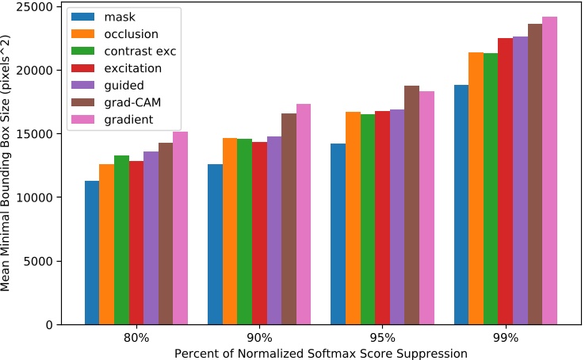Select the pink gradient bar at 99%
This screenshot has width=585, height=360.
[x=549, y=170]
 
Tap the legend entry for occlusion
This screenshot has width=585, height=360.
[x=130, y=34]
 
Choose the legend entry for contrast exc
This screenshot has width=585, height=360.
[x=139, y=51]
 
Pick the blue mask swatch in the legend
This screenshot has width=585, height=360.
[x=83, y=17]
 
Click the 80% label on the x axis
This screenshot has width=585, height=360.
[x=136, y=338]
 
